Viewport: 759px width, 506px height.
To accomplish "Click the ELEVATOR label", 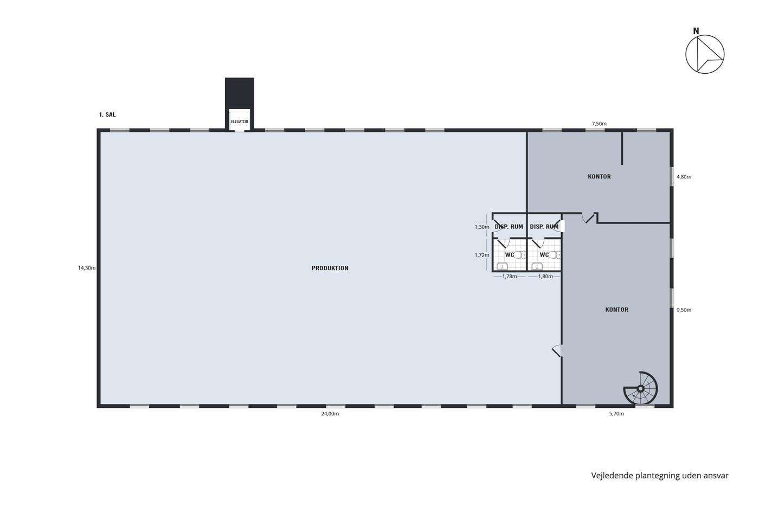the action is tap(239, 121).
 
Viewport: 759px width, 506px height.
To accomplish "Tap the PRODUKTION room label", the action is tap(330, 268).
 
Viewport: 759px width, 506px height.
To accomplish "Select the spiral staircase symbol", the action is tap(640, 388).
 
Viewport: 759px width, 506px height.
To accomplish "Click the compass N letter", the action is tap(696, 31).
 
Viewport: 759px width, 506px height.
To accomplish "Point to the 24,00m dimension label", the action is tap(330, 414).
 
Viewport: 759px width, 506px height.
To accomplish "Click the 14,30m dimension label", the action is tap(87, 268).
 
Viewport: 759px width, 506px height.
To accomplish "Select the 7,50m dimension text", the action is tap(599, 124).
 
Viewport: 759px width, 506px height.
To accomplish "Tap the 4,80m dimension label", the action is tap(684, 177).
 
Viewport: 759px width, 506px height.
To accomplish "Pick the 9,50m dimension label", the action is tap(684, 310).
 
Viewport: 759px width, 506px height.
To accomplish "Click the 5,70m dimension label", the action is tap(616, 414).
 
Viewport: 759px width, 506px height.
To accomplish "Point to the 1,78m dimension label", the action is tap(509, 277).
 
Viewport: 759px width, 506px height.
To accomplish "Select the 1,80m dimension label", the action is tap(545, 277).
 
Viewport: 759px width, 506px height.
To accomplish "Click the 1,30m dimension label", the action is tap(482, 227).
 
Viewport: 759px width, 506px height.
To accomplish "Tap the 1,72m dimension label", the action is tap(482, 255).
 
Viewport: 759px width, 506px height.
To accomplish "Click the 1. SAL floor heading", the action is tap(107, 114).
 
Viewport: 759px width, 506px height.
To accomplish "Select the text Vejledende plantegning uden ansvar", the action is tap(660, 476).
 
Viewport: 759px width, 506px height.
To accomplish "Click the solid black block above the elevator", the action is tap(239, 93).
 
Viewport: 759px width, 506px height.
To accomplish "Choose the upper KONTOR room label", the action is tap(599, 177).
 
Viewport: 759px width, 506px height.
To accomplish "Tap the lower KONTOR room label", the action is tap(617, 310).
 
